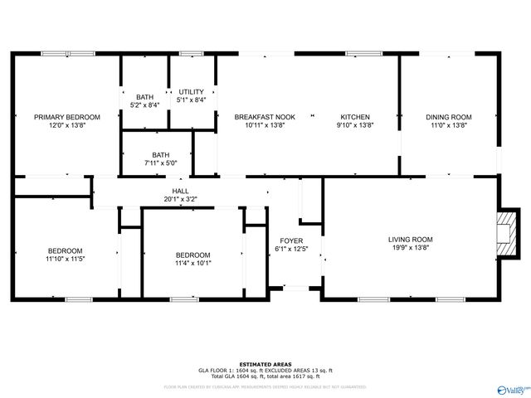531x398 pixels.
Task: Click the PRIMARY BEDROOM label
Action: point(66,117)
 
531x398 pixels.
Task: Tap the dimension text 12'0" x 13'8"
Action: point(66,125)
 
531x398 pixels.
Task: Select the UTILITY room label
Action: point(192,91)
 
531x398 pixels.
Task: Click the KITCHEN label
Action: point(355,117)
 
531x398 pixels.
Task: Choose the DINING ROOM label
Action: point(449,117)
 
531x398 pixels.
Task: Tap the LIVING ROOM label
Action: point(411,240)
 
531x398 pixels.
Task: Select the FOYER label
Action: point(291,240)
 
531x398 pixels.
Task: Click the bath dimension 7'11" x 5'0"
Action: point(160,163)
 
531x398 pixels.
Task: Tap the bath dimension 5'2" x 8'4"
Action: point(144,105)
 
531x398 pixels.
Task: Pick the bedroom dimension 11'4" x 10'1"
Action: point(192,264)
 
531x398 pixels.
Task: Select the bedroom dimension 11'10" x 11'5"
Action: point(65,260)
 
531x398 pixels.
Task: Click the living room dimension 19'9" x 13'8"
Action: point(411,248)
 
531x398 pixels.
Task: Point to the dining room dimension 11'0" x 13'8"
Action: point(449,125)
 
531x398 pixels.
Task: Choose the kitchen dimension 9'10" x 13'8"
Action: point(355,125)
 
